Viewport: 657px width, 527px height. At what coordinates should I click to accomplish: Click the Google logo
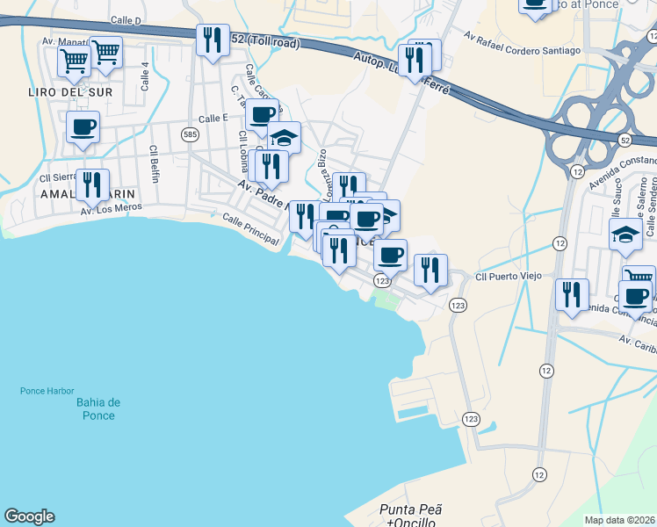tap(29, 516)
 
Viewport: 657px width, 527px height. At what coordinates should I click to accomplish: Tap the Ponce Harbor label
tap(48, 392)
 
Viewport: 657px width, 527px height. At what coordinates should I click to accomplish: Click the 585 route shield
tap(190, 134)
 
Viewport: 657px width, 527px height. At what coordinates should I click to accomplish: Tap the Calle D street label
tap(127, 19)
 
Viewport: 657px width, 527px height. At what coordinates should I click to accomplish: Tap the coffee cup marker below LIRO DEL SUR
tap(83, 128)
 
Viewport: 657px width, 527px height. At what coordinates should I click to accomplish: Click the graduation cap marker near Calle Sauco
tap(625, 235)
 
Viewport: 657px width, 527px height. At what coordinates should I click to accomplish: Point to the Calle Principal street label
tap(249, 223)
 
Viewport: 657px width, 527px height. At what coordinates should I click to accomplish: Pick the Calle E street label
tap(213, 119)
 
